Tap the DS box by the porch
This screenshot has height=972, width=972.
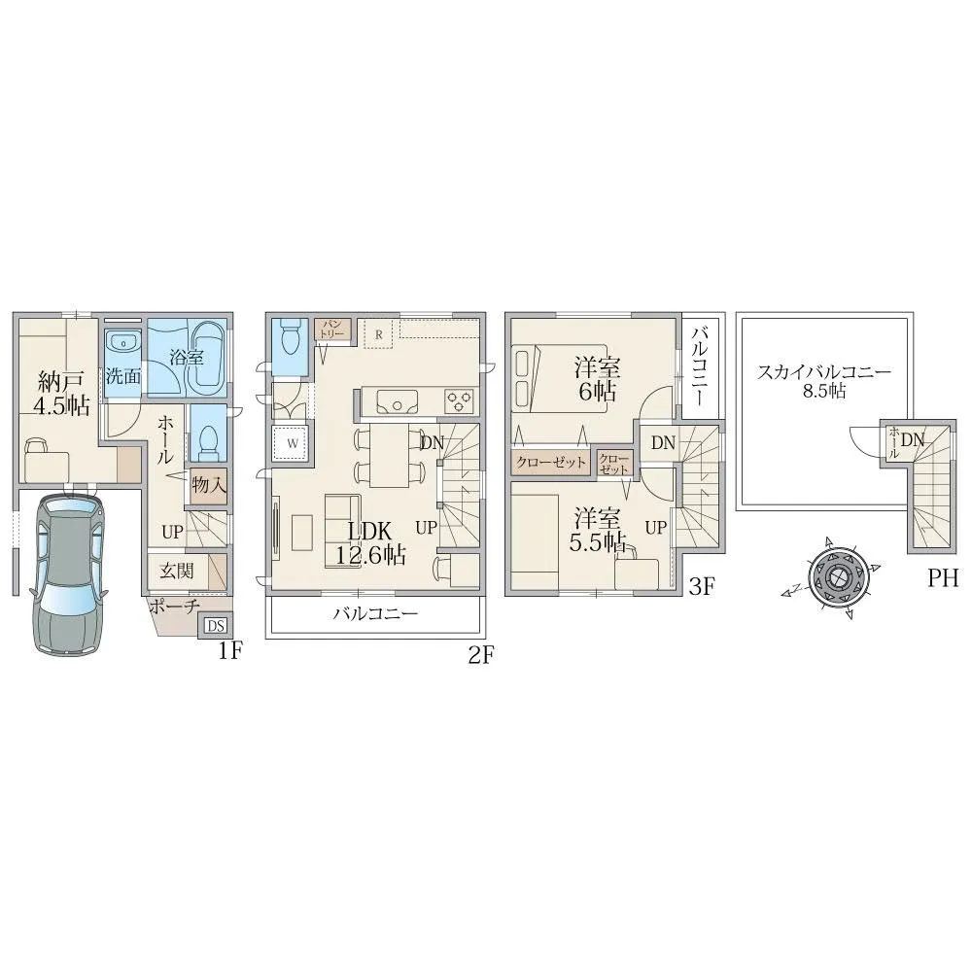(215, 626)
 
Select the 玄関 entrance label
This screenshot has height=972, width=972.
(177, 571)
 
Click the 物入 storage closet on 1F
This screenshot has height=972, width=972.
(208, 485)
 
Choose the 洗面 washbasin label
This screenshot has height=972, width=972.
(122, 376)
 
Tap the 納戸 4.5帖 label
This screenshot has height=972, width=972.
(60, 393)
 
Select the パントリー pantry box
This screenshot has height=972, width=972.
(332, 330)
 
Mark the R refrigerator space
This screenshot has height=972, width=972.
(379, 334)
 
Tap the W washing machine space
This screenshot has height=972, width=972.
(293, 443)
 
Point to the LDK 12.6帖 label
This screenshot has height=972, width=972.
(370, 542)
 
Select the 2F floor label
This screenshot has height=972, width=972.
(480, 655)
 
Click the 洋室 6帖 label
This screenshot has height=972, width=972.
(597, 379)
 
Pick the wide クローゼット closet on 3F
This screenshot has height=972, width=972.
(550, 463)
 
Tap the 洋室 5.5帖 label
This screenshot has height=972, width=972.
(597, 530)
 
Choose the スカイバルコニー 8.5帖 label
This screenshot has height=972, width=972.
(824, 381)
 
